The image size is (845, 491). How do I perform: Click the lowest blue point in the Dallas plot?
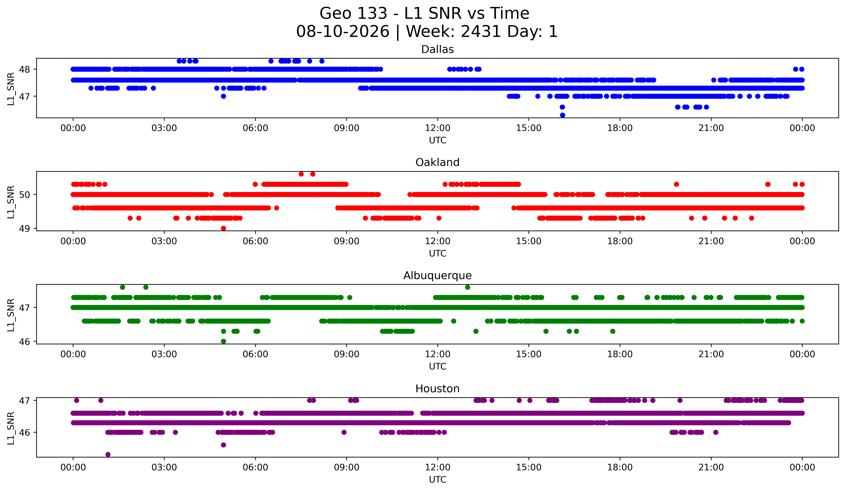[562, 115]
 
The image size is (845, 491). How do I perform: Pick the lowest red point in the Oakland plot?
[223, 228]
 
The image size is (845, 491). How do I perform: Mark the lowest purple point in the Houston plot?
[108, 454]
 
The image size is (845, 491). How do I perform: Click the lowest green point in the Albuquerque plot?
[223, 341]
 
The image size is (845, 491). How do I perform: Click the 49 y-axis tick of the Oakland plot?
[24, 229]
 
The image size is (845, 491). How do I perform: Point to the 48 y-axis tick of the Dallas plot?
[24, 69]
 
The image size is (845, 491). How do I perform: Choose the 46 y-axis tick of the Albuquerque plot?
[24, 342]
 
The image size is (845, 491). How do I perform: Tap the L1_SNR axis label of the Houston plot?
[11, 428]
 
